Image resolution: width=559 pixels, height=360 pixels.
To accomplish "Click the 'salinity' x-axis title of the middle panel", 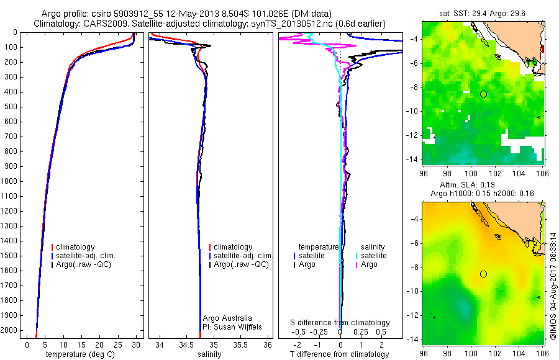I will point(209,354).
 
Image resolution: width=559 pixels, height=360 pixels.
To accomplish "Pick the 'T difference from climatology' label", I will point(340,354).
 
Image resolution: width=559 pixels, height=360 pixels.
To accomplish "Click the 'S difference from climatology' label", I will point(340,323).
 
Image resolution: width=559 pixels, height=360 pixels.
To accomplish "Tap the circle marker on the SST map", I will point(483,94).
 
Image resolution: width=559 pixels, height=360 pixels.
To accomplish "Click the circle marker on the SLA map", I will point(483,274).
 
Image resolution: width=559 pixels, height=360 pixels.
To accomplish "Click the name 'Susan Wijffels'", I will point(232,326).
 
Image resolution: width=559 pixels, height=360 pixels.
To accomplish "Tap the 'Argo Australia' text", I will point(227,318).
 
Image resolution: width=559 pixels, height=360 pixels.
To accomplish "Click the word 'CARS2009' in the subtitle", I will point(100,23).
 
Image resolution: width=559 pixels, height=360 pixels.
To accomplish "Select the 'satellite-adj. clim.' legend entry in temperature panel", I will point(86,256).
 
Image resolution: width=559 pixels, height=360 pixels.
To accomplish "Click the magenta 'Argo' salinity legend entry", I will point(369,264).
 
